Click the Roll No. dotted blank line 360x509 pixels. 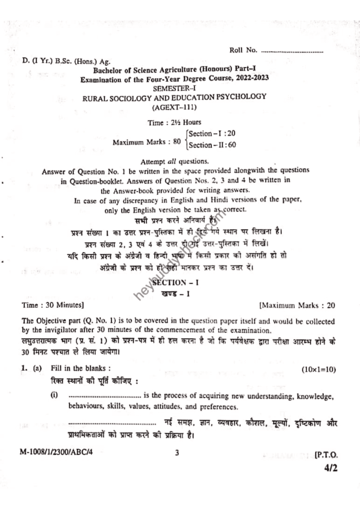tap(292, 51)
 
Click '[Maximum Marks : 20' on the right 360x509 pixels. tap(297, 303)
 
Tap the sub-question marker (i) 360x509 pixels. tap(54, 396)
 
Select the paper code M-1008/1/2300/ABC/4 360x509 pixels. tap(55, 453)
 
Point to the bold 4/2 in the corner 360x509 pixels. tap(329, 470)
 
